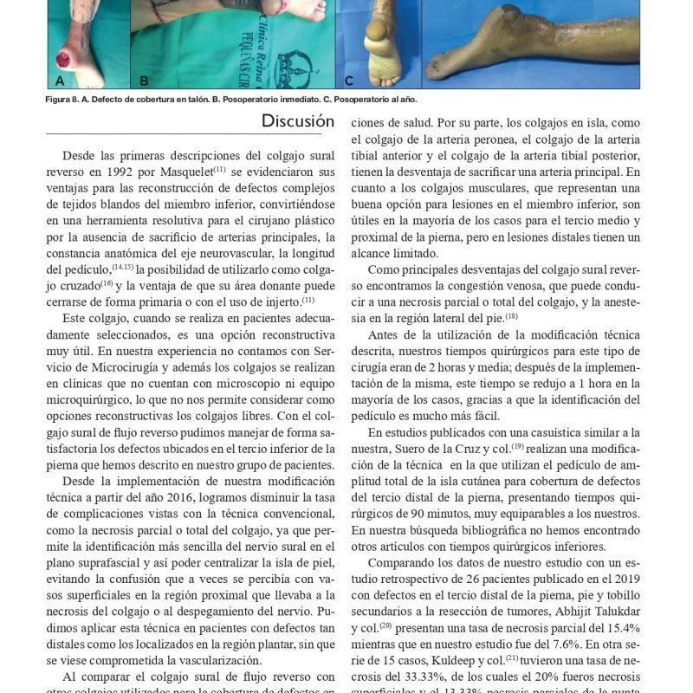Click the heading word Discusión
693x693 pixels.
tap(297, 122)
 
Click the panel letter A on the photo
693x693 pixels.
tap(61, 81)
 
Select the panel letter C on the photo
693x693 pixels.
tap(349, 81)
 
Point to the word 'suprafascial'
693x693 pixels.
tap(84, 563)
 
